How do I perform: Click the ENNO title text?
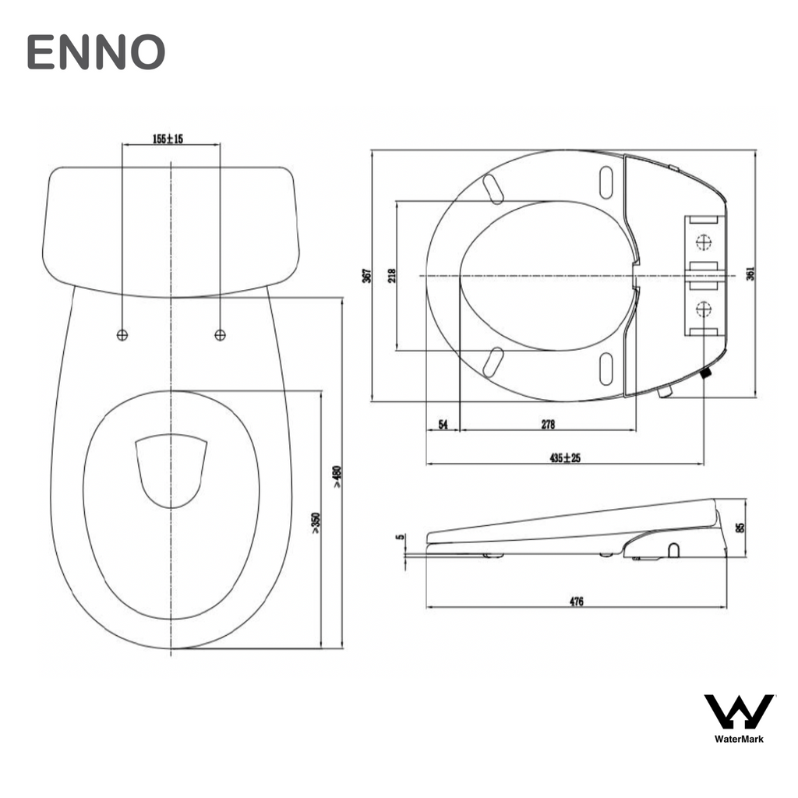click(96, 52)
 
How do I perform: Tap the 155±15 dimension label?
click(168, 139)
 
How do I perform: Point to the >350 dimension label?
click(316, 524)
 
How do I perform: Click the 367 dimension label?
click(366, 275)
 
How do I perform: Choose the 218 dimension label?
click(391, 275)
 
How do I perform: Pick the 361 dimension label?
click(750, 274)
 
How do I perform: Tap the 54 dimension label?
click(443, 424)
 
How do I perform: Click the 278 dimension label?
click(548, 424)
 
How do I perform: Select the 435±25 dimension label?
click(565, 457)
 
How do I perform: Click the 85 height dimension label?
click(740, 527)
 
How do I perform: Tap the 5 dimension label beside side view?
click(400, 538)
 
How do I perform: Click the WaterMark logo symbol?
click(739, 711)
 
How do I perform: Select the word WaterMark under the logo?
click(739, 739)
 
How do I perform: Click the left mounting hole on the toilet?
click(122, 334)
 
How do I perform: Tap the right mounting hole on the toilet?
click(221, 334)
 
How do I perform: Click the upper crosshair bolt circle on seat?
click(704, 242)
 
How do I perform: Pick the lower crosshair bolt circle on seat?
click(704, 309)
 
